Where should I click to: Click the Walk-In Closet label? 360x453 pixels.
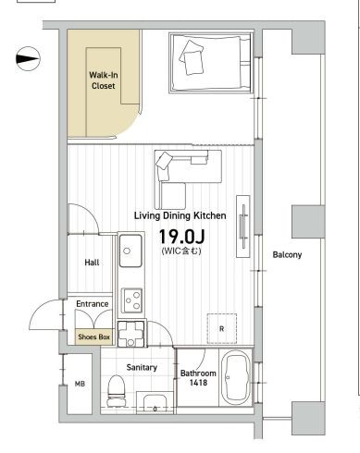(x=104, y=80)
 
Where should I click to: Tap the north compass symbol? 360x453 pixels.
(x=28, y=58)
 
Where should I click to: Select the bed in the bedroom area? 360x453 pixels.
(x=211, y=63)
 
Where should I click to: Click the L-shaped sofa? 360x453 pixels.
(x=188, y=179)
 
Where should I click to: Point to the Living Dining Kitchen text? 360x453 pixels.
(x=180, y=215)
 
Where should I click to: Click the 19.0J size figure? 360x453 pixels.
(x=181, y=237)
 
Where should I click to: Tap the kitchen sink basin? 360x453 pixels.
(x=130, y=251)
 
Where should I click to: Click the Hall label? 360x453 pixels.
(x=92, y=263)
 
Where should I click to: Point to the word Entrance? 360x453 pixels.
(x=93, y=304)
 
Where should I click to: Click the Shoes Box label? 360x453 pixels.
(x=93, y=337)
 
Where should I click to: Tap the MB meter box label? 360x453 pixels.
(x=80, y=384)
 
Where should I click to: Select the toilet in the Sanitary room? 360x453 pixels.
(x=116, y=391)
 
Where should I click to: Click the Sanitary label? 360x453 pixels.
(x=142, y=367)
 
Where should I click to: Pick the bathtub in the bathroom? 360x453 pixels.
(x=235, y=378)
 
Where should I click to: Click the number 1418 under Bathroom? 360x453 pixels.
(x=198, y=383)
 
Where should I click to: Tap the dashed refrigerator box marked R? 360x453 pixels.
(x=222, y=328)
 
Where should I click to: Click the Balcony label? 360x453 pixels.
(x=287, y=255)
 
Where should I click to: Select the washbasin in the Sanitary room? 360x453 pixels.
(x=155, y=402)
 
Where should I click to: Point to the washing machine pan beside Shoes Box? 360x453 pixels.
(x=131, y=334)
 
